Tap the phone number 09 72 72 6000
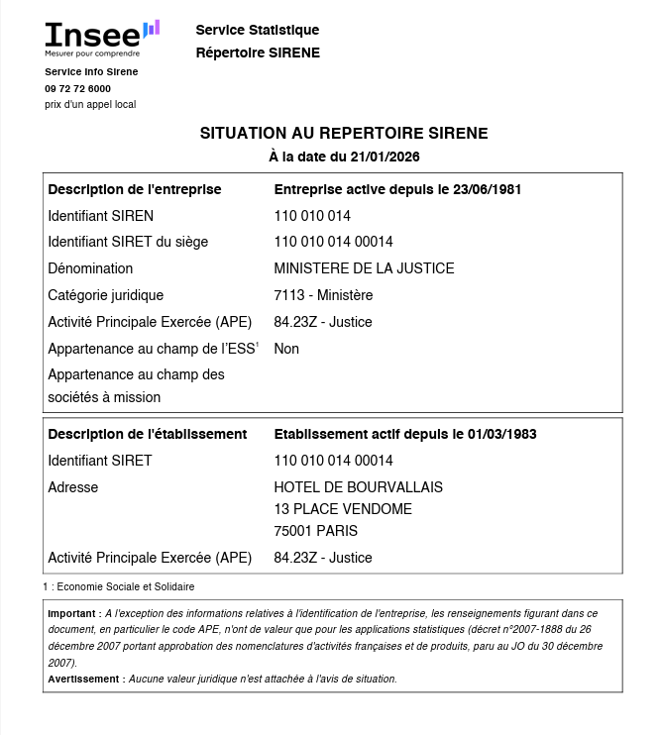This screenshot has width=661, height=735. (77, 88)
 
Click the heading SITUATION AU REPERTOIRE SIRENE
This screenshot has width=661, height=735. (344, 133)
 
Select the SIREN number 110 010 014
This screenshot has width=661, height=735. (312, 215)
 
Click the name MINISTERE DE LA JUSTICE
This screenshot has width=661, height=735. (364, 268)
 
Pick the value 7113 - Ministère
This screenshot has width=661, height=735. (323, 295)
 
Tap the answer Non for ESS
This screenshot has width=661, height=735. (286, 349)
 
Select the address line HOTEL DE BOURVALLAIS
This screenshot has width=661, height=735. (358, 487)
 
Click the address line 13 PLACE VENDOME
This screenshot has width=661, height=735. (343, 509)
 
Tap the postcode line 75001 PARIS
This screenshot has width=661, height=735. (316, 531)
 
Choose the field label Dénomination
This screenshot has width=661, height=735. (90, 268)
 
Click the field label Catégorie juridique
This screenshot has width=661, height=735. (106, 295)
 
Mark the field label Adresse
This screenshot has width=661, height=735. (73, 487)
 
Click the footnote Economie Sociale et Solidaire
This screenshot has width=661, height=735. (125, 586)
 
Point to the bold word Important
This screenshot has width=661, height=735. (73, 613)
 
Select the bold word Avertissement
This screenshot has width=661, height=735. (84, 679)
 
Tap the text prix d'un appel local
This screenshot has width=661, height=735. (90, 104)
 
